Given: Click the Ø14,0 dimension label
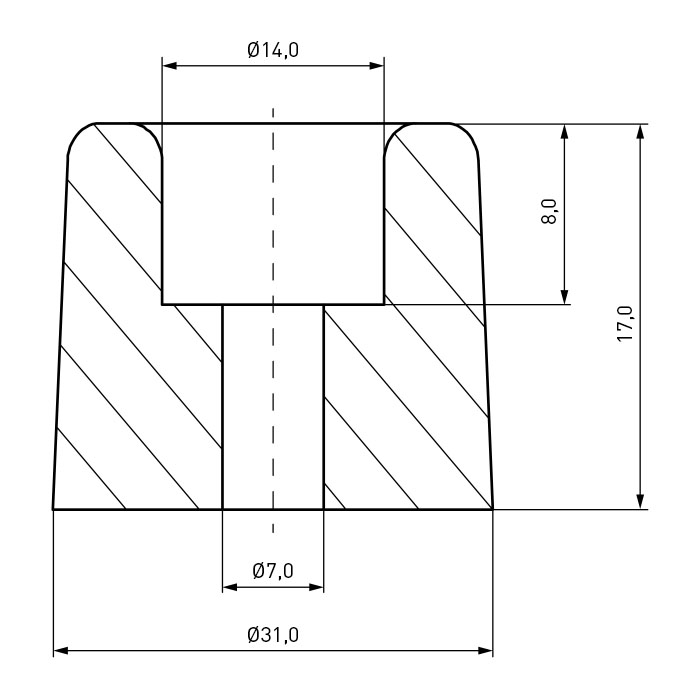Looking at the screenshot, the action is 273,50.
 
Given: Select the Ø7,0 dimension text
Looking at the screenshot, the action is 273,570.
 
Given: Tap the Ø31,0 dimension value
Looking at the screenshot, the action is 273,634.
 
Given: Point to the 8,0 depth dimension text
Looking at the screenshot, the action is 550,212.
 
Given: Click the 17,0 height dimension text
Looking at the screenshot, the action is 625,324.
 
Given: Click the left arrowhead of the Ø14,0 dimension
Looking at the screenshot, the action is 170,66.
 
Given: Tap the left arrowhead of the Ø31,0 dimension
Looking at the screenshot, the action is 61,650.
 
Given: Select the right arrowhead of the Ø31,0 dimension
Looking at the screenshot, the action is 486,650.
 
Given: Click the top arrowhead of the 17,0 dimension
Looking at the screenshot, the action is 641,132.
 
